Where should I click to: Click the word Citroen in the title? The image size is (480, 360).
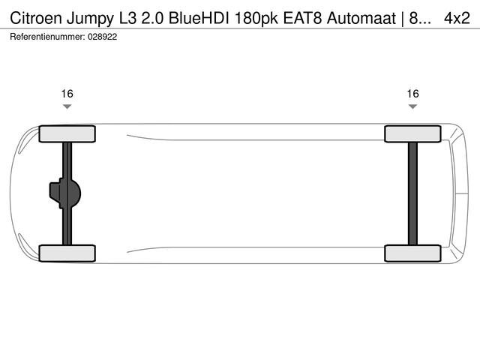(35, 17)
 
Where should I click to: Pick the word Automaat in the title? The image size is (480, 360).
(360, 17)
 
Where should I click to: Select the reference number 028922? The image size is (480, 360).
(102, 35)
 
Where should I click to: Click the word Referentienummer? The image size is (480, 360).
(46, 35)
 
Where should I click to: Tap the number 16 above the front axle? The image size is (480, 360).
(67, 94)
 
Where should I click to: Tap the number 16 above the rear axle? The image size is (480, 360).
(412, 94)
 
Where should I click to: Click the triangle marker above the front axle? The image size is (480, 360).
(67, 107)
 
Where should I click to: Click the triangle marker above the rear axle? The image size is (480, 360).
(412, 107)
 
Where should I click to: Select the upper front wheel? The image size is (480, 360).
(67, 133)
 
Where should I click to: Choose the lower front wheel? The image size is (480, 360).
(67, 253)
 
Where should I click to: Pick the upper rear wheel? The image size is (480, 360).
(412, 133)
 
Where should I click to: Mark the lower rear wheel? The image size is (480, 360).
(412, 253)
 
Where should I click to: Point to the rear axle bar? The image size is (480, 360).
(412, 193)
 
